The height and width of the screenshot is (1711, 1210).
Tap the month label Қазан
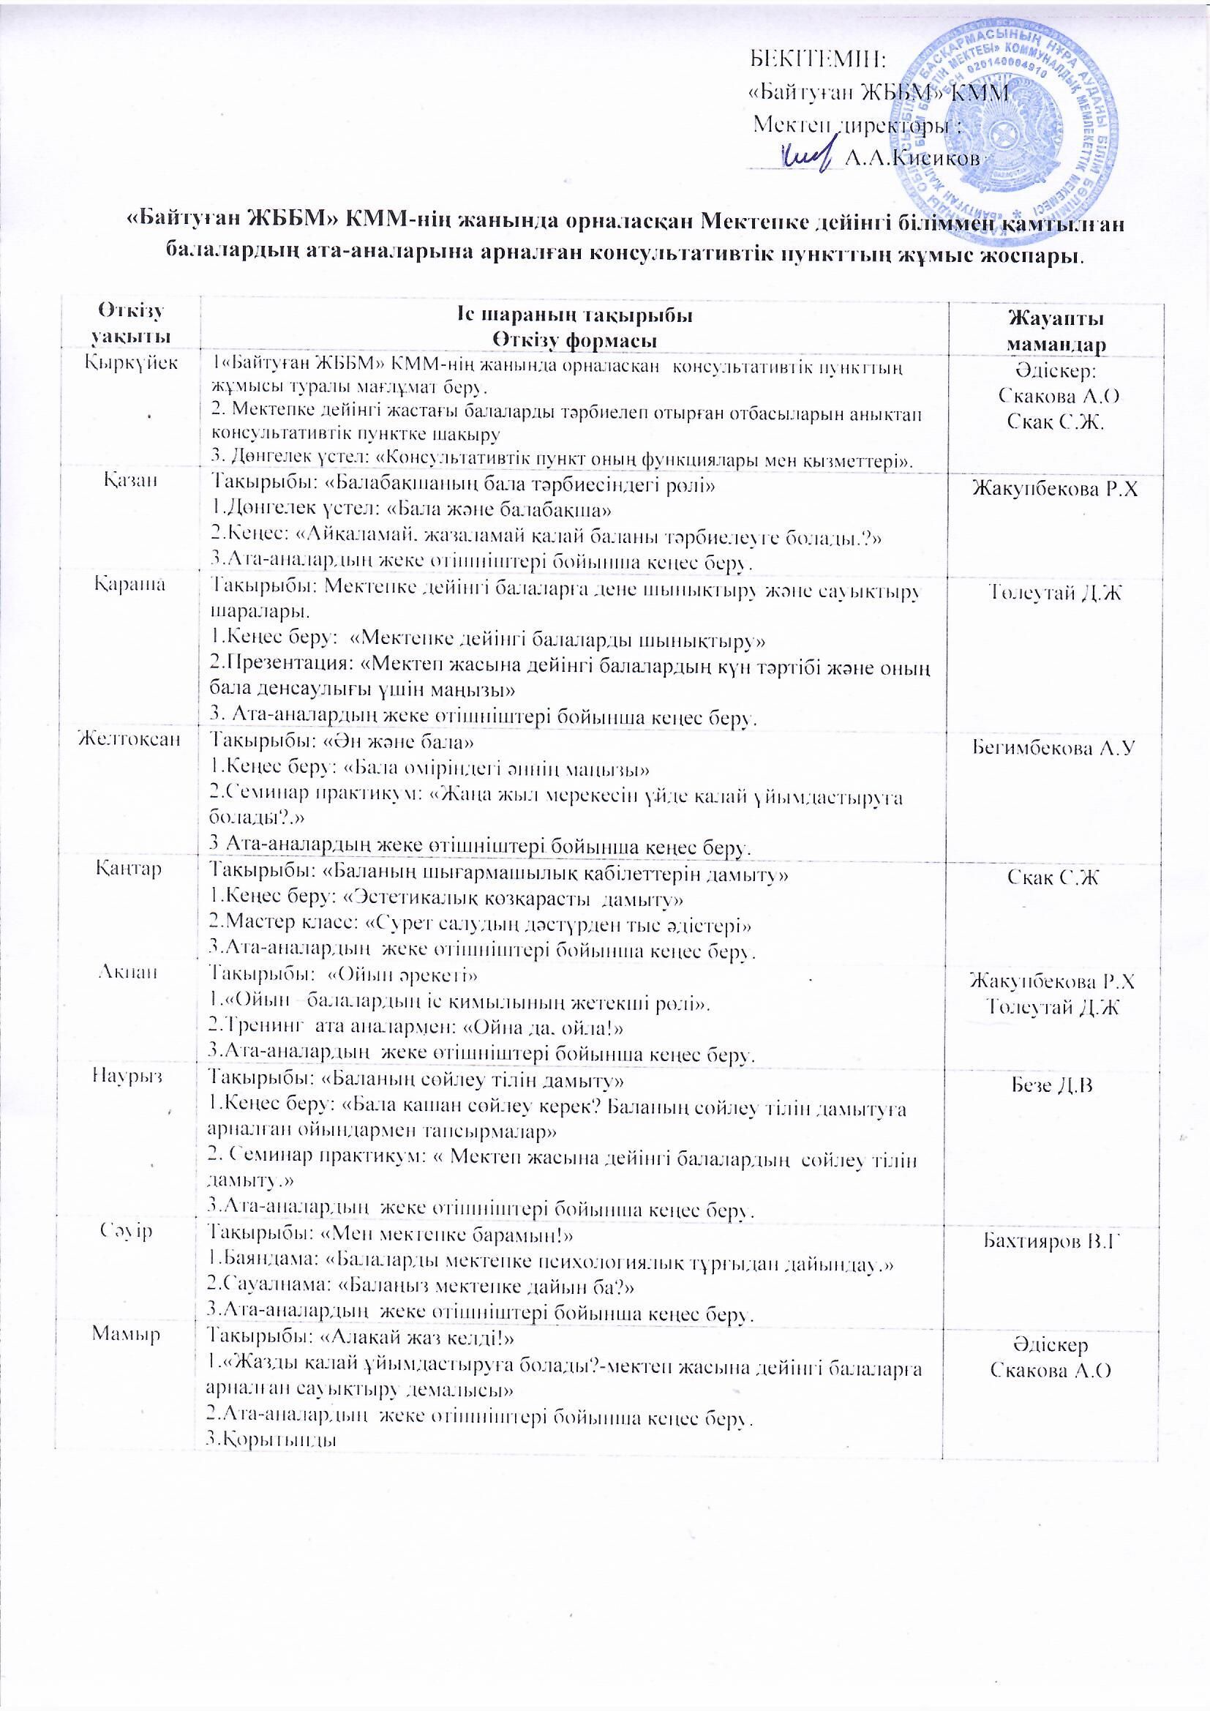coord(129,482)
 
